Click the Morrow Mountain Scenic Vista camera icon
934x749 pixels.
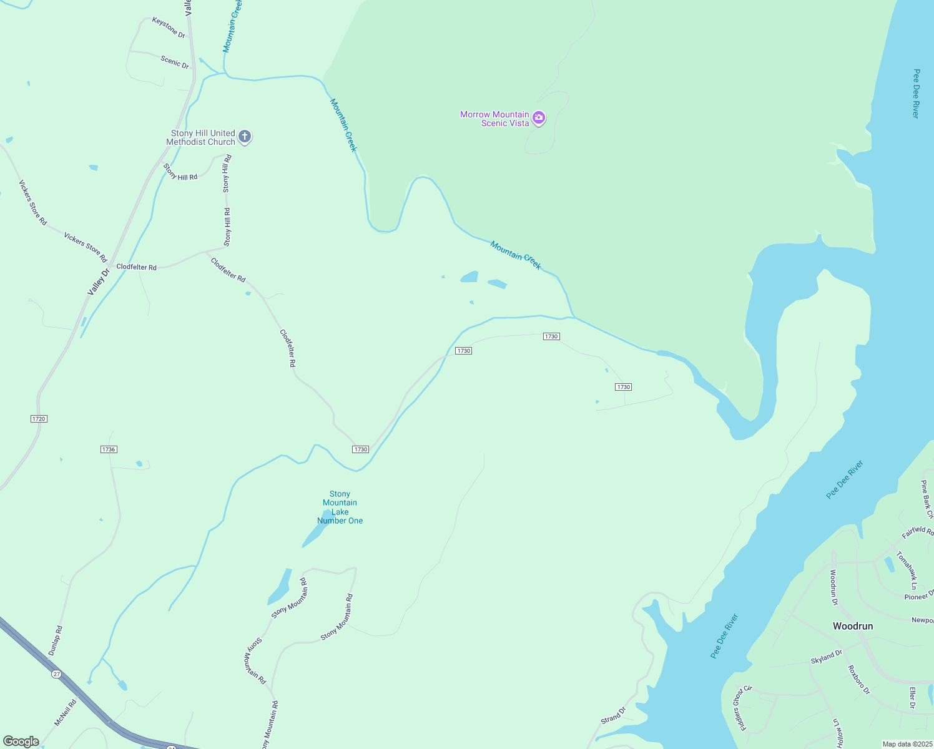(x=539, y=118)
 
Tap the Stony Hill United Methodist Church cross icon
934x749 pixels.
(x=245, y=137)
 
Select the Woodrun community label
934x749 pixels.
(x=852, y=626)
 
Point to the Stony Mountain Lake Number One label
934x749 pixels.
(x=340, y=507)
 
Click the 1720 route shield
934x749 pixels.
(x=39, y=419)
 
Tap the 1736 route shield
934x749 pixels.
(x=109, y=449)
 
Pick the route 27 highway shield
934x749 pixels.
(x=57, y=674)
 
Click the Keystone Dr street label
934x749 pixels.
(x=169, y=27)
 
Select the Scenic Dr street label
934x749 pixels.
(x=175, y=61)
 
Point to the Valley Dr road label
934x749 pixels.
(x=98, y=281)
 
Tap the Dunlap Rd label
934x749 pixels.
(x=56, y=640)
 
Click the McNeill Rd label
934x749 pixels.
(x=65, y=713)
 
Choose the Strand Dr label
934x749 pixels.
(x=613, y=716)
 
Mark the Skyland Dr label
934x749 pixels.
(x=826, y=657)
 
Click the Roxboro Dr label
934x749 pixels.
(x=858, y=680)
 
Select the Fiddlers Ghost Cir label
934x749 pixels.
(x=742, y=708)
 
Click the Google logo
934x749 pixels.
(x=21, y=742)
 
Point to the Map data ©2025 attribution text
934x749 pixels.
(x=907, y=744)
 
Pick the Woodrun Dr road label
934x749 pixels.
(x=833, y=587)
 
